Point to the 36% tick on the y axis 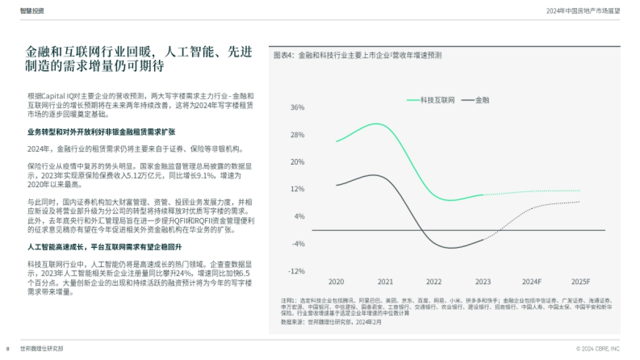click(297, 107)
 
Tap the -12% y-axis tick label click(296, 271)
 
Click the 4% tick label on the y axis click(299, 217)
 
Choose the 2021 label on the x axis click(385, 282)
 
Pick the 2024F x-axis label click(531, 282)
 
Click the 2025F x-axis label click(580, 282)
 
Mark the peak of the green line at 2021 click(377, 124)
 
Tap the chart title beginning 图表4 click(357, 55)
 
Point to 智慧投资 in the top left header click(32, 11)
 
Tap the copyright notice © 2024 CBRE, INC click(598, 349)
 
